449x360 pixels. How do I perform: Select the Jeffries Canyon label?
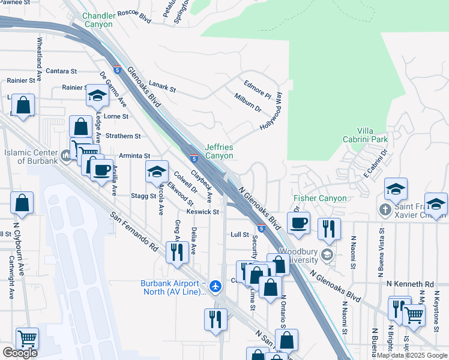point(218,151)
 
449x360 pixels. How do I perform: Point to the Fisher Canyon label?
point(320,198)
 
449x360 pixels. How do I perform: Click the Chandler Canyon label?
point(97,20)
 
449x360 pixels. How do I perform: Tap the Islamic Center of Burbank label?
point(31,157)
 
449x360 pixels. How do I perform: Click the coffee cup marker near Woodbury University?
point(298,223)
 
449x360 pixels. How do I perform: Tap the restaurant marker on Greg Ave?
point(176,252)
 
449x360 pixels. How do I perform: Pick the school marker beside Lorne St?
point(96,95)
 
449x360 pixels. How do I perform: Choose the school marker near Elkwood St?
point(157,172)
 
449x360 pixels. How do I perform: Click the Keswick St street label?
point(203,212)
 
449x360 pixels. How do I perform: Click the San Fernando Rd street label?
point(133,230)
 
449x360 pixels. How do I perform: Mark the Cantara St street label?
point(61,71)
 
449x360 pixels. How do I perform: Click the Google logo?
point(20,353)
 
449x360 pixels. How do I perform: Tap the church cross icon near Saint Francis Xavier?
point(385,210)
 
